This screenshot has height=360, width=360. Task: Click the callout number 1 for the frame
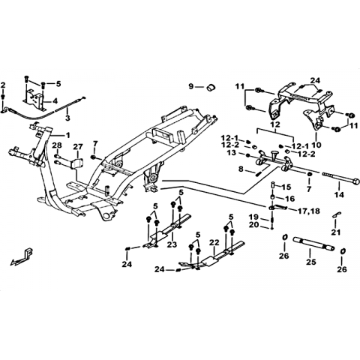(x=67, y=135)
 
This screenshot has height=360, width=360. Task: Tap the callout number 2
(x=3, y=85)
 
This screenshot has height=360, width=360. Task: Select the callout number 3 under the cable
(x=67, y=118)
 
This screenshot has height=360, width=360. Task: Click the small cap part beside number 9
(x=211, y=88)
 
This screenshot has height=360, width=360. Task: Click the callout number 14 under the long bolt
(x=340, y=194)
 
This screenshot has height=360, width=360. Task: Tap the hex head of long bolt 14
(x=355, y=181)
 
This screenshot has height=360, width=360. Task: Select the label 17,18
(x=308, y=211)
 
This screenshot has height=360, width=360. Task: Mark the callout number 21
(x=336, y=232)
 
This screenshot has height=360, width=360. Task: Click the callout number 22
(x=214, y=242)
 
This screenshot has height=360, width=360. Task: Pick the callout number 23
(x=172, y=244)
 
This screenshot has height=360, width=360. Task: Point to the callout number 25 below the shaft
(x=310, y=262)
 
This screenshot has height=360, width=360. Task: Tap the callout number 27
(x=78, y=146)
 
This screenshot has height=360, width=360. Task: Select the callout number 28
(x=57, y=145)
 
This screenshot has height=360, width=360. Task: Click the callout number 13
(x=232, y=152)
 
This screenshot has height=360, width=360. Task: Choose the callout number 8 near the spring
(x=241, y=169)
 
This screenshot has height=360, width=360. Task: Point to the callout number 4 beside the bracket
(x=55, y=101)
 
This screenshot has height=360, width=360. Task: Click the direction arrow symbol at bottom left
(x=21, y=257)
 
